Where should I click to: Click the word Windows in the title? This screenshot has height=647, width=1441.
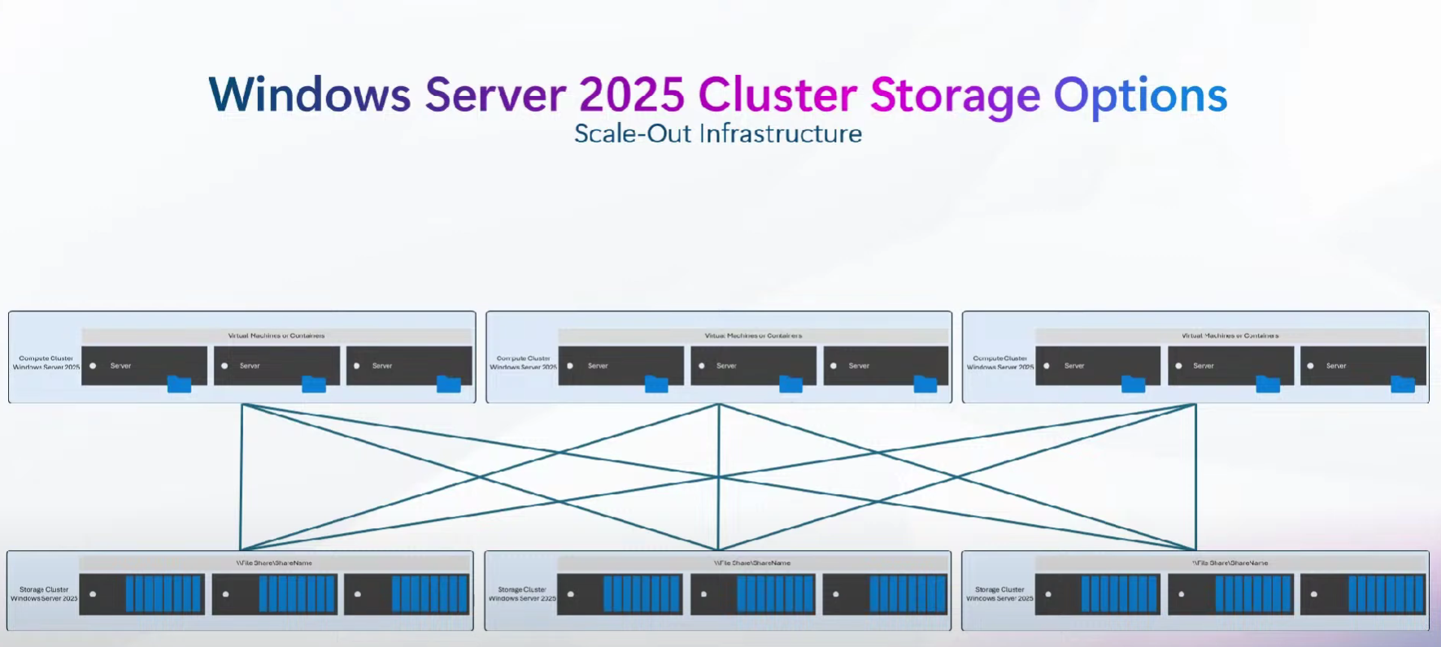tap(309, 95)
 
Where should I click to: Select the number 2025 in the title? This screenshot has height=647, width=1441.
tap(632, 95)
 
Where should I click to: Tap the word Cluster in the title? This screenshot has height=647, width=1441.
tap(777, 95)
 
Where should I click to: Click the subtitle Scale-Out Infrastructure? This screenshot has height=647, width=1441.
tap(718, 133)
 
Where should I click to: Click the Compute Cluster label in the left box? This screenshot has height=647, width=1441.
tap(46, 363)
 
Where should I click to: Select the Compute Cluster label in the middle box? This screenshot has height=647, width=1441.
tap(523, 363)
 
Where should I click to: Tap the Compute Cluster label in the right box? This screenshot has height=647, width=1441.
tap(999, 363)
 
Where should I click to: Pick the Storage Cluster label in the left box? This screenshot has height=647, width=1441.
tap(44, 594)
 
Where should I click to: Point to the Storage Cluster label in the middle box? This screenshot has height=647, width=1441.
tap(522, 594)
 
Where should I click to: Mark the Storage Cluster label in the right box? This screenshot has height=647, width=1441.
tap(999, 594)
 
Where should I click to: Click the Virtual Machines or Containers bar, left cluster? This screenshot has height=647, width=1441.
tap(276, 335)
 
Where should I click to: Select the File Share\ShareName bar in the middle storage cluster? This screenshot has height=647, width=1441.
tap(752, 562)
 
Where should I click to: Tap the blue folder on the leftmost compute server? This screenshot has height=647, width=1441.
tap(179, 384)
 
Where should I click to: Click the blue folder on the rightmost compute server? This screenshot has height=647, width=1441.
tap(1403, 384)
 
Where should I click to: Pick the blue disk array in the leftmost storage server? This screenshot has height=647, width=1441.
tap(163, 594)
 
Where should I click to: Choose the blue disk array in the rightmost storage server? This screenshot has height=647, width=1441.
tap(1387, 594)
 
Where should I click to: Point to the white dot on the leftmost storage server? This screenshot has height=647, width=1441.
tap(93, 594)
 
